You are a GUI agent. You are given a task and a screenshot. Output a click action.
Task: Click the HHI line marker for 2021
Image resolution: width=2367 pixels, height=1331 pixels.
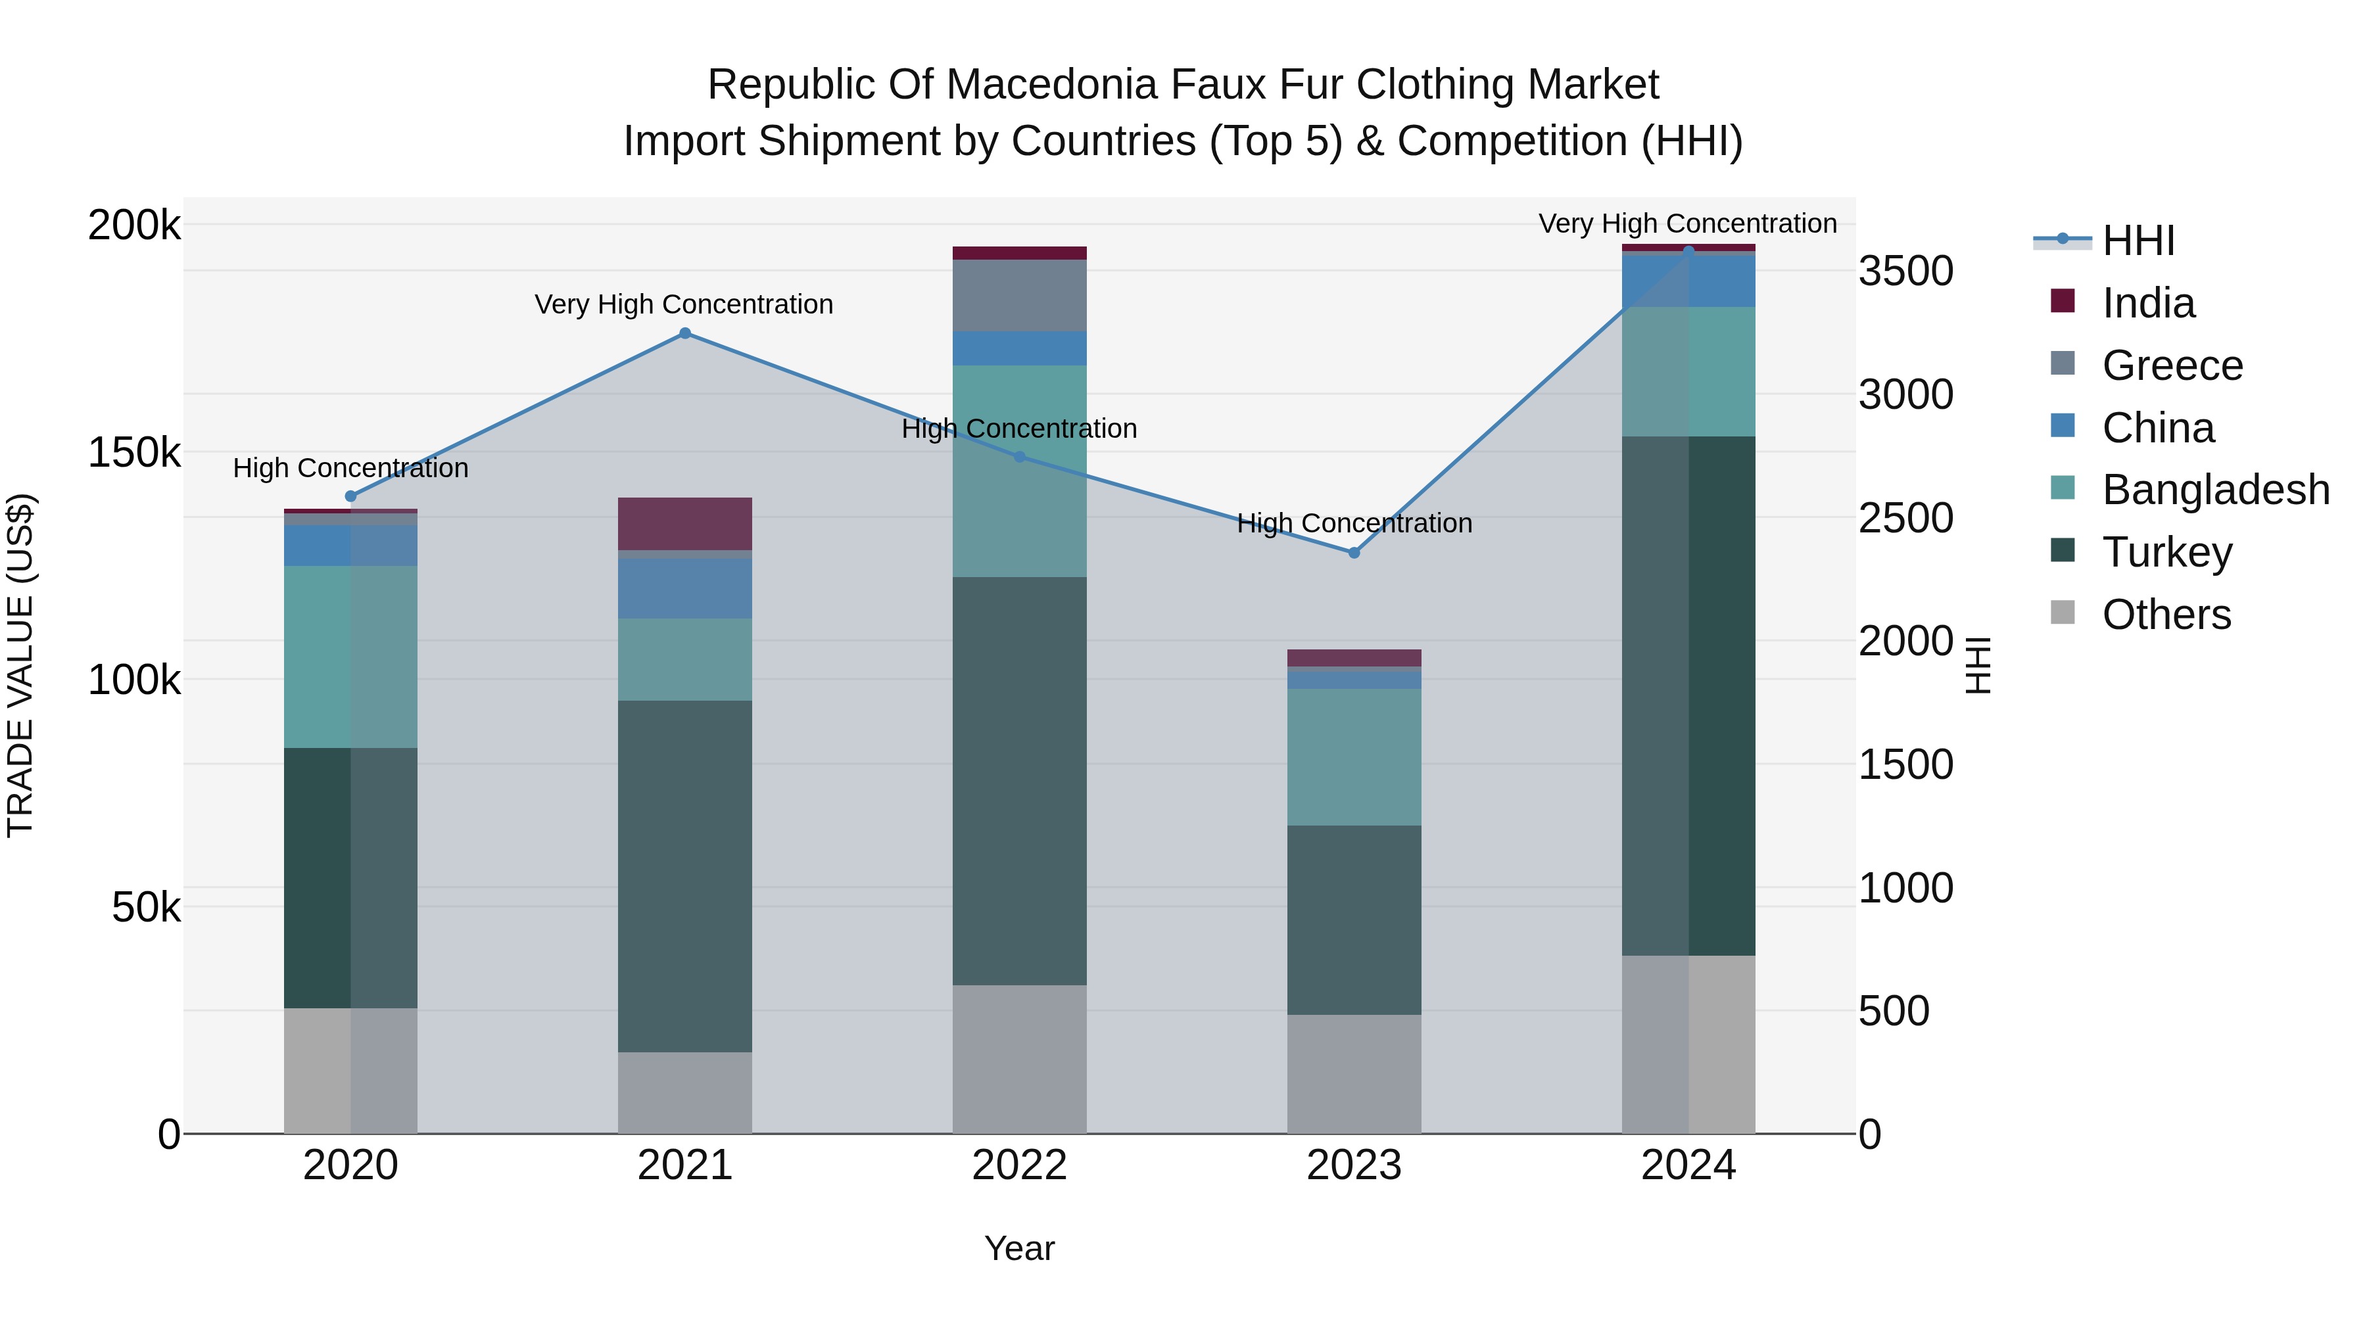684,333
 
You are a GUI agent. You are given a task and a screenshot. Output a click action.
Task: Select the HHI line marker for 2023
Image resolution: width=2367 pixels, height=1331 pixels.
1354,552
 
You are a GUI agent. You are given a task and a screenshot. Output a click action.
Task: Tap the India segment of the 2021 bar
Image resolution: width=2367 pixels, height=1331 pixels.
684,524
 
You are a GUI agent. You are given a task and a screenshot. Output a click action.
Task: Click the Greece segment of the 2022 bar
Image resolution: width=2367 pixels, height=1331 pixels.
1019,296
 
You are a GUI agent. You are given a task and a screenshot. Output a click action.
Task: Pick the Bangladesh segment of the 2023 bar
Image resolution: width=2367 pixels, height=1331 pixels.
1354,757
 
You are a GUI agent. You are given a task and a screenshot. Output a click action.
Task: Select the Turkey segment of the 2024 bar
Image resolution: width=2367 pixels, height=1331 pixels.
1688,695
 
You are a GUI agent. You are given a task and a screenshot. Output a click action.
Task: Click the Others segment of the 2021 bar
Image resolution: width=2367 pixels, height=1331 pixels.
684,1092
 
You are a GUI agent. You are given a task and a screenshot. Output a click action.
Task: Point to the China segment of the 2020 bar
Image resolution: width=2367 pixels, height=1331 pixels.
350,546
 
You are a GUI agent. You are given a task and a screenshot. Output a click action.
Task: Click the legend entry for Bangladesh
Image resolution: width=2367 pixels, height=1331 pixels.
2214,490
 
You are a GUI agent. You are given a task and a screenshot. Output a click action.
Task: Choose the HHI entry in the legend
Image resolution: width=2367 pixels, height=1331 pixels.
2138,241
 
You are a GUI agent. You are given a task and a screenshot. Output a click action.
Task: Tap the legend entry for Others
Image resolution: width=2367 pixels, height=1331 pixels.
2166,615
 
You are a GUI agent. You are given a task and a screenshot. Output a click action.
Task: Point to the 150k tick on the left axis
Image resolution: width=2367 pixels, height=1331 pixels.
134,453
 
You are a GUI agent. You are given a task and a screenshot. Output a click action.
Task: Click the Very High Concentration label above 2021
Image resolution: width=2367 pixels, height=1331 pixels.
684,304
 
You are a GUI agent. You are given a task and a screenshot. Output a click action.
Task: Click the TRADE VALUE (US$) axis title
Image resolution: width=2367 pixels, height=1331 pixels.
20,665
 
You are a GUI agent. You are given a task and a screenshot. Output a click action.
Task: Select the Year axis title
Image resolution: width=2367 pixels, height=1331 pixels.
1019,1248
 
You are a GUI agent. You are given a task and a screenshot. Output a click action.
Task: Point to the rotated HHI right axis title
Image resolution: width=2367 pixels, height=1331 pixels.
1977,665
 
